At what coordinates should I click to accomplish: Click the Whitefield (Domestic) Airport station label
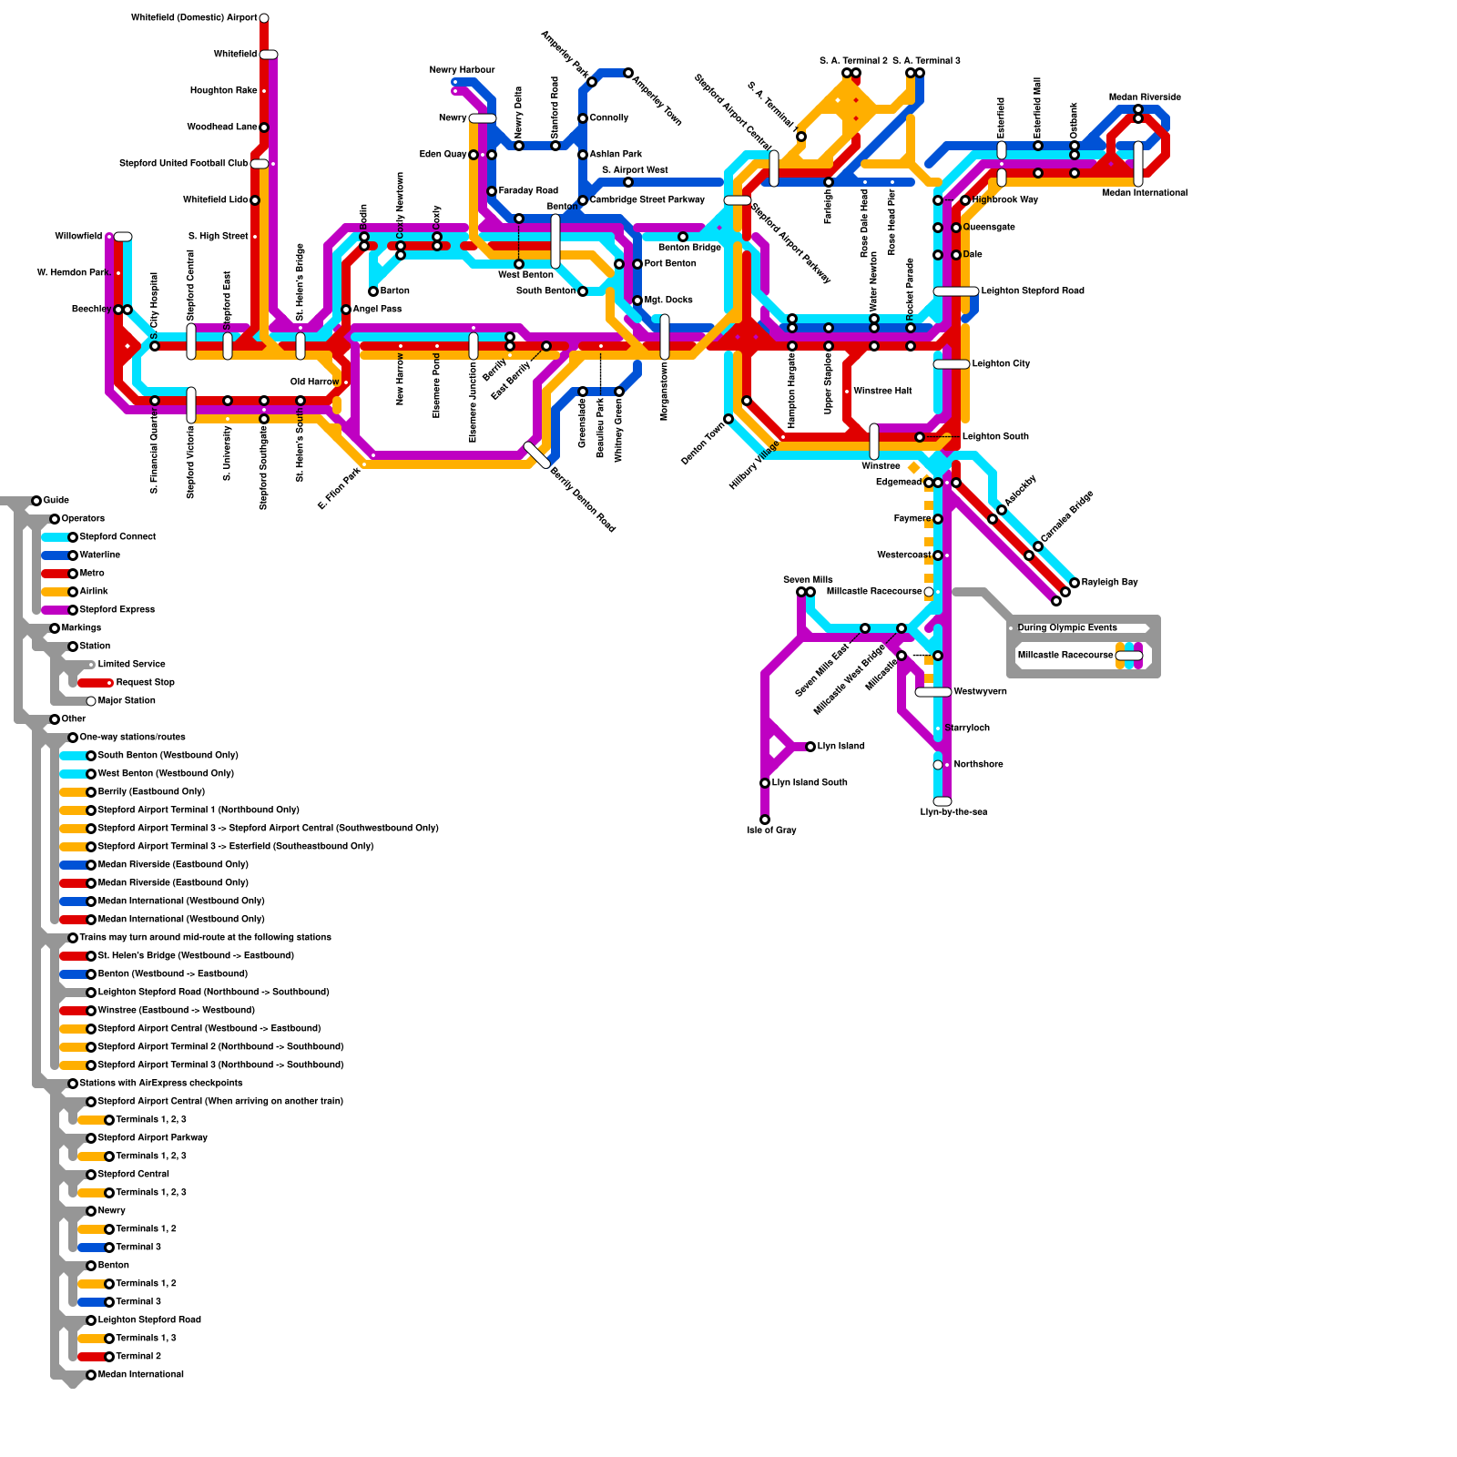[194, 18]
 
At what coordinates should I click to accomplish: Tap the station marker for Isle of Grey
[765, 820]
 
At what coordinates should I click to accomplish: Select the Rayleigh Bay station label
[1109, 583]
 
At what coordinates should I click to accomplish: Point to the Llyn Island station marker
[810, 747]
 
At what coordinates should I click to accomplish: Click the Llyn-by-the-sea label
[953, 812]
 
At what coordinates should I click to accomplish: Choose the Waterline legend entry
[99, 555]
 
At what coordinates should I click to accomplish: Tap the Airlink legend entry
[94, 592]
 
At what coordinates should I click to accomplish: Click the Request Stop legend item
[145, 683]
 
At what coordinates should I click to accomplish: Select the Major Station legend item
[127, 701]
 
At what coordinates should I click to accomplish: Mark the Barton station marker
[373, 291]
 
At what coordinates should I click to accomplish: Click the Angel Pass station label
[377, 310]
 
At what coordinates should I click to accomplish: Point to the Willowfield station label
[78, 237]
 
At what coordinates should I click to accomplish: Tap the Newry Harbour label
[462, 70]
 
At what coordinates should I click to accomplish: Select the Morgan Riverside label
[1145, 97]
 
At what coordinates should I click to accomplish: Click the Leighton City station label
[1001, 364]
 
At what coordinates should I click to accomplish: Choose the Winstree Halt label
[882, 392]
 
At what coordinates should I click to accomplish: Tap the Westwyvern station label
[980, 692]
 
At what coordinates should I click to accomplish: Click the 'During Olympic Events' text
[1066, 628]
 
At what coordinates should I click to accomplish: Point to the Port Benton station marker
[637, 264]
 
